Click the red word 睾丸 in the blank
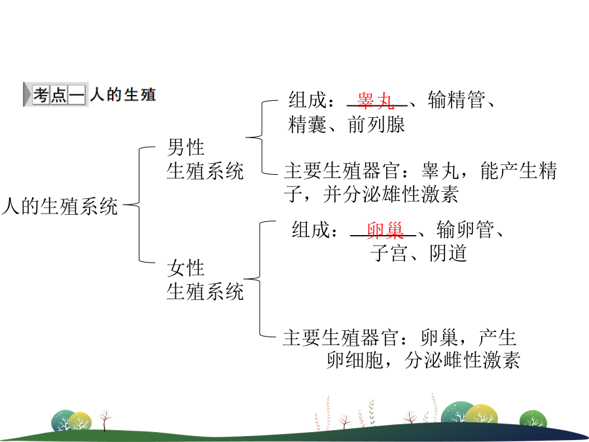click(376, 100)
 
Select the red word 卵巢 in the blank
click(385, 230)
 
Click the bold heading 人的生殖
click(123, 94)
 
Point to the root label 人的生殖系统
click(60, 206)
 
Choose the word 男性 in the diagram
click(186, 147)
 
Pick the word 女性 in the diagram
click(186, 268)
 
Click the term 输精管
click(456, 100)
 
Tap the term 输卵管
click(465, 229)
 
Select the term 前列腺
click(376, 124)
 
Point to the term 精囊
click(308, 124)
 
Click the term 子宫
click(389, 253)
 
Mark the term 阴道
click(448, 253)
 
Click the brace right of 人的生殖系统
click(139, 205)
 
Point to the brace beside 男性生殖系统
click(261, 138)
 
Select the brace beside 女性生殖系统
click(260, 279)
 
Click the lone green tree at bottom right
click(533, 419)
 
